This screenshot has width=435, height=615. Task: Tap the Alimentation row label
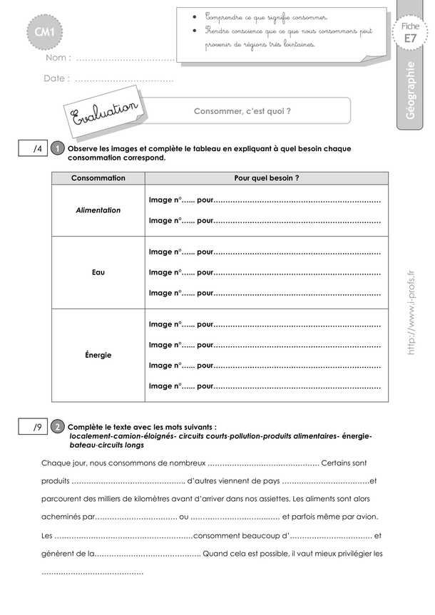coord(98,210)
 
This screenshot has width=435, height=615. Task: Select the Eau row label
coord(98,272)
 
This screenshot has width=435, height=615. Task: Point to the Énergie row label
coord(98,354)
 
